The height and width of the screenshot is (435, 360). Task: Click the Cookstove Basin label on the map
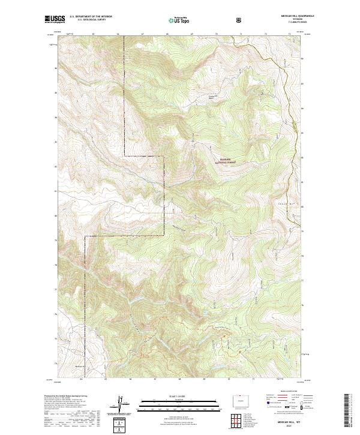point(211,97)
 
